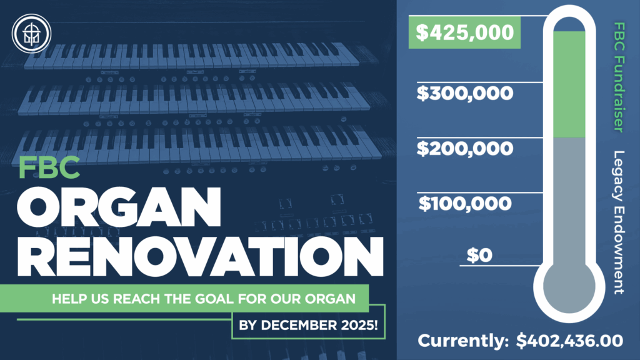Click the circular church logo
click(x=31, y=34)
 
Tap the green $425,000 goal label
click(x=464, y=32)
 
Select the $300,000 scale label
click(x=465, y=93)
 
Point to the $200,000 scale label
click(x=465, y=148)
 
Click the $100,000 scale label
click(x=465, y=203)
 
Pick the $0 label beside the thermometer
click(x=479, y=255)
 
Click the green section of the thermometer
click(x=569, y=84)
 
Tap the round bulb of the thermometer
click(x=569, y=287)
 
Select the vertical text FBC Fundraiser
click(x=619, y=77)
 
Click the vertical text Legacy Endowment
click(x=619, y=222)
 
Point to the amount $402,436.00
click(x=570, y=341)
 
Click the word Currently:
click(x=463, y=341)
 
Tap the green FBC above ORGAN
click(x=49, y=167)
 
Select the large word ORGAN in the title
click(x=119, y=207)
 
